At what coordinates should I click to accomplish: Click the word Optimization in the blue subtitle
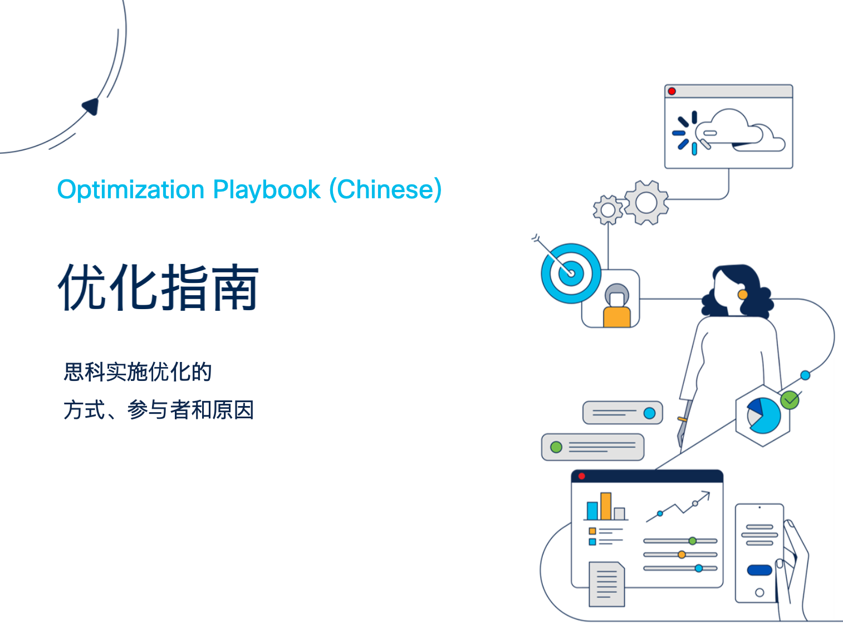pyautogui.click(x=131, y=189)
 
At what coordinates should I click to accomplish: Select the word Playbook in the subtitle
pyautogui.click(x=267, y=189)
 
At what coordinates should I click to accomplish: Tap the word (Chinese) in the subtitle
pyautogui.click(x=385, y=189)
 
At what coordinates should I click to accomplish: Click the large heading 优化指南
pyautogui.click(x=159, y=287)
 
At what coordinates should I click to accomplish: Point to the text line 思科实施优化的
pyautogui.click(x=138, y=371)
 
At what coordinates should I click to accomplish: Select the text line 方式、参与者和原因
pyautogui.click(x=159, y=409)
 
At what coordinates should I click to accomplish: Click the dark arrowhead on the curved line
pyautogui.click(x=91, y=106)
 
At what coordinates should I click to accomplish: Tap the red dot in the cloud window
pyautogui.click(x=672, y=91)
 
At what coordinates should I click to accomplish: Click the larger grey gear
pyautogui.click(x=646, y=203)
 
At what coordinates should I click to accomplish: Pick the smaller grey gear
pyautogui.click(x=608, y=210)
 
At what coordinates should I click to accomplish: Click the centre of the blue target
pyautogui.click(x=571, y=273)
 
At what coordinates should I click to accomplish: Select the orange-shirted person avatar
pyautogui.click(x=617, y=305)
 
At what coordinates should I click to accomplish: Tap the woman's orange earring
pyautogui.click(x=743, y=295)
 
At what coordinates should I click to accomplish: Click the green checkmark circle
pyautogui.click(x=790, y=400)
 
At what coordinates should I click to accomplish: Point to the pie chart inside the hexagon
pyautogui.click(x=764, y=415)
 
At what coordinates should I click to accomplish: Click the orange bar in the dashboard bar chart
pyautogui.click(x=606, y=506)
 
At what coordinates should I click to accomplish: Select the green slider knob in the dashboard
pyautogui.click(x=693, y=541)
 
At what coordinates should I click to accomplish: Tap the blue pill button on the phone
pyautogui.click(x=760, y=570)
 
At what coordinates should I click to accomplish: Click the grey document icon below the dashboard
pyautogui.click(x=606, y=584)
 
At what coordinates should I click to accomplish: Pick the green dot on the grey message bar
pyautogui.click(x=556, y=447)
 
